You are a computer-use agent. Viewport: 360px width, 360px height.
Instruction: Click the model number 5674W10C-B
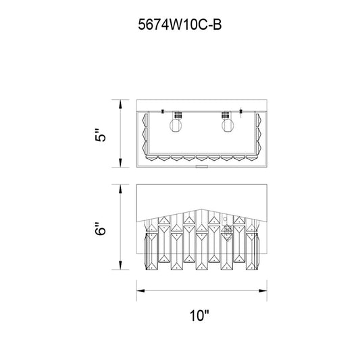pos(180,24)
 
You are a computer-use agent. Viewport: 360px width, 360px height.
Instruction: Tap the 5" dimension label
pos(101,135)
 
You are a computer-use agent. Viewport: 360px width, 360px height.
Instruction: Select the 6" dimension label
pos(101,228)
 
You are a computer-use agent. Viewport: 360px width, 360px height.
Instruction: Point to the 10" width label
pos(199,315)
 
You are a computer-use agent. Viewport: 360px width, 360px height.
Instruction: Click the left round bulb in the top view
pos(176,126)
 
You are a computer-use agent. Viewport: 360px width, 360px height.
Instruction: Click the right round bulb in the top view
pos(228,126)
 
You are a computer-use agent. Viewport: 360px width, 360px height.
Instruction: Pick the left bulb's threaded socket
pos(178,115)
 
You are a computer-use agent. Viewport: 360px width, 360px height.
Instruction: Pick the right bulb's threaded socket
pos(226,115)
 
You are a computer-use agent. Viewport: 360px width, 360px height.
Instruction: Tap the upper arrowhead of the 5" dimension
pos(120,105)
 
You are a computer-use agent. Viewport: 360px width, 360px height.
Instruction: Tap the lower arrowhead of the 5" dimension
pos(120,162)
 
